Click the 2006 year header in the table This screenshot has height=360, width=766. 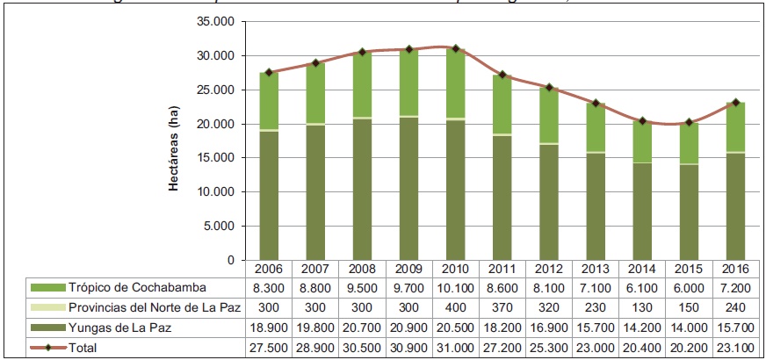coord(268,267)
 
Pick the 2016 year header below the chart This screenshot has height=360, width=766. coord(733,267)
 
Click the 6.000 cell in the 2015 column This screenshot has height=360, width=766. coord(687,287)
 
